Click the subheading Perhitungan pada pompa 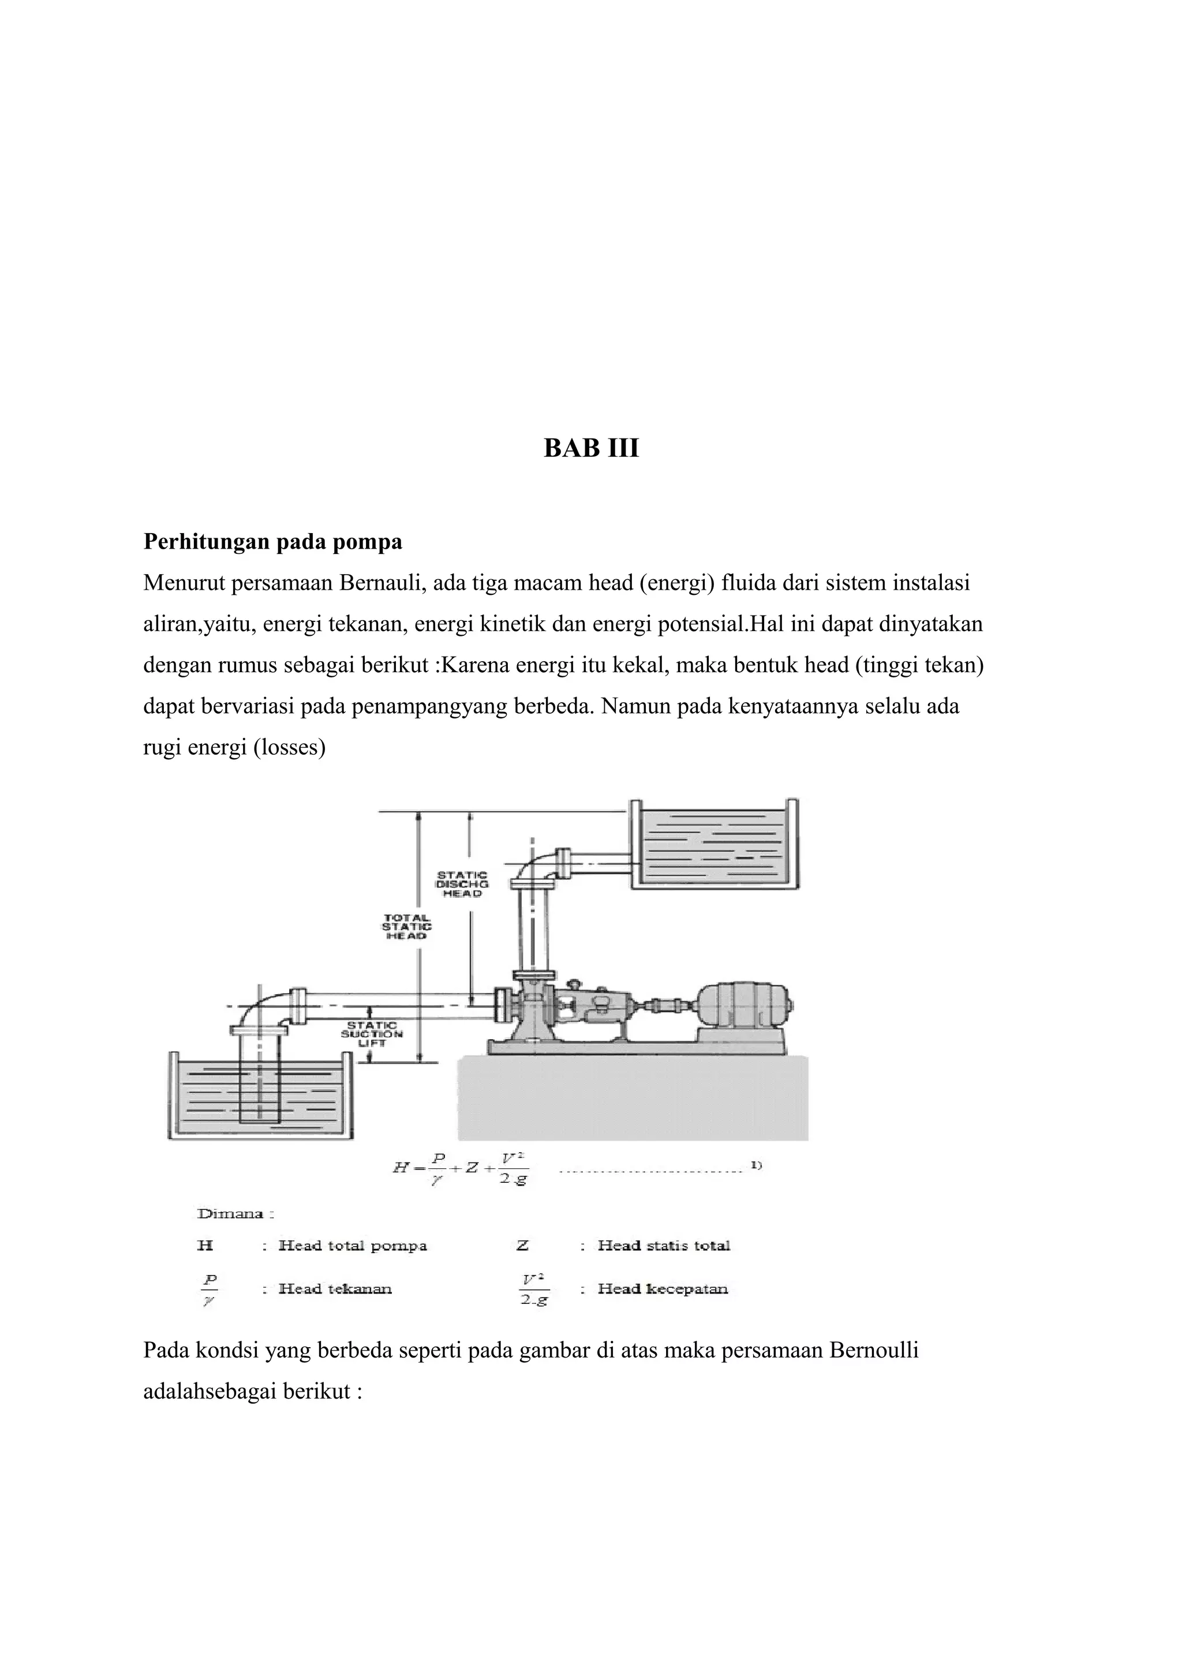click(272, 542)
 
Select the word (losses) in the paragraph click(289, 748)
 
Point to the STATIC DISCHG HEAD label click(462, 883)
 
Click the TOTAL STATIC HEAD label click(406, 927)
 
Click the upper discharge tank click(714, 845)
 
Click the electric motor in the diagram click(743, 1006)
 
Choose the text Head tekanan click(335, 1289)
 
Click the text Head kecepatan click(663, 1289)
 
